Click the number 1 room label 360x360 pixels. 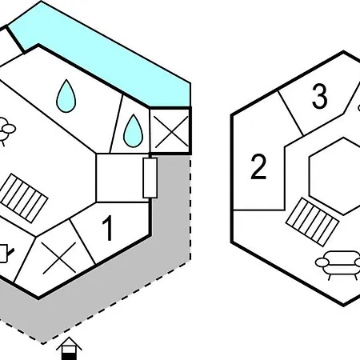point(108,228)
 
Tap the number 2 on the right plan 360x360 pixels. point(258,166)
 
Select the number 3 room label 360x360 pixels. point(319,96)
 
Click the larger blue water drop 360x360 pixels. point(66,96)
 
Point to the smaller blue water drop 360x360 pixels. point(133,131)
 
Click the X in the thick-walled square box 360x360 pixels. point(171,132)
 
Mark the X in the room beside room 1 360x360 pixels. point(58,258)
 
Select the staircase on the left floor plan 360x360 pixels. point(23,198)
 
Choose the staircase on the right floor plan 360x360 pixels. point(312,222)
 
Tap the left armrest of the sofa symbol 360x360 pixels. point(322,262)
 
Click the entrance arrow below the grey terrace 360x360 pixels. point(69,349)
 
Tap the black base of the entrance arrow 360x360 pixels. point(69,356)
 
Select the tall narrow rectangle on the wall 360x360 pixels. point(150,178)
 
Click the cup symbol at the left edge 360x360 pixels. point(5,253)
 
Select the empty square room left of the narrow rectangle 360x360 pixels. point(122,178)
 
